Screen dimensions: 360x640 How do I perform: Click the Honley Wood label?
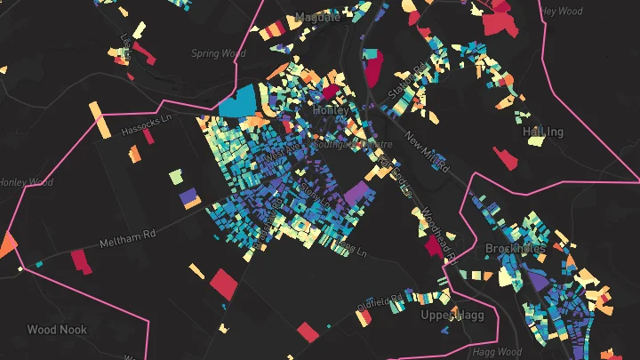tap(25, 182)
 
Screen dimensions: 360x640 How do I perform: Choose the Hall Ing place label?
tap(543, 132)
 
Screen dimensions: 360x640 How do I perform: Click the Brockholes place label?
tap(515, 248)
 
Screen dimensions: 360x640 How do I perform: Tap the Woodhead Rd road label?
tap(444, 234)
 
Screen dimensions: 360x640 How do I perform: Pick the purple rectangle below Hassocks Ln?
tap(188, 197)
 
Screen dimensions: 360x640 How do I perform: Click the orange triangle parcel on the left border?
tap(9, 242)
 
